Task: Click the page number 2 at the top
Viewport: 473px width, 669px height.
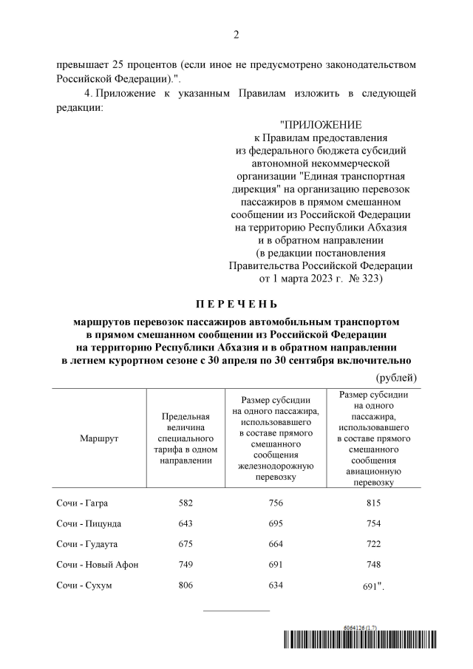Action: pyautogui.click(x=236, y=35)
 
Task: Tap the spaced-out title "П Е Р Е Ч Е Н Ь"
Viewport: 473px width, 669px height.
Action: pyautogui.click(x=236, y=304)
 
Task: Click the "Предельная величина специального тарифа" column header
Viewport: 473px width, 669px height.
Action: pyautogui.click(x=186, y=438)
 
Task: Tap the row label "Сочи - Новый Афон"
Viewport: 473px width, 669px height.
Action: pyautogui.click(x=97, y=565)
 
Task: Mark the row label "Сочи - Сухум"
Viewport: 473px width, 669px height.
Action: pyautogui.click(x=83, y=585)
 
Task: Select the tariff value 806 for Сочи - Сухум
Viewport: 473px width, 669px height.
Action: pyautogui.click(x=186, y=585)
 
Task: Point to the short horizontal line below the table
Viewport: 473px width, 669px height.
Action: pyautogui.click(x=236, y=611)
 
